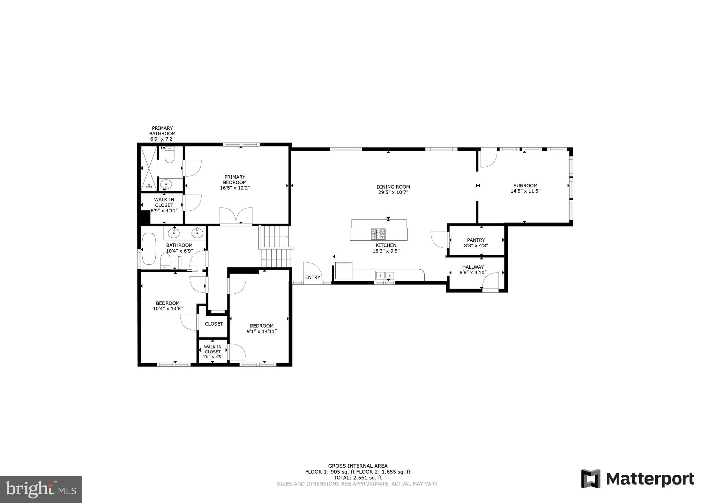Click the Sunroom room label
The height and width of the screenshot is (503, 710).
tap(525, 185)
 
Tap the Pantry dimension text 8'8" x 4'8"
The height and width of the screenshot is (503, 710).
tap(476, 246)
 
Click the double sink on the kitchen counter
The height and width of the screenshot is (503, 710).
tap(385, 275)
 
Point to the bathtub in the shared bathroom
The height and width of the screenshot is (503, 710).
tap(149, 249)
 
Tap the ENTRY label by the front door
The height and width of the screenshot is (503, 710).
tap(313, 277)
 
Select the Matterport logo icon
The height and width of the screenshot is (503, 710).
tap(591, 479)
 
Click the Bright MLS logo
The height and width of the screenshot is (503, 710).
tap(41, 489)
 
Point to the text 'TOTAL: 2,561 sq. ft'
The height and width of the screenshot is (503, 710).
tap(358, 478)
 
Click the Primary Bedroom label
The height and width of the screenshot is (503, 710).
tap(235, 180)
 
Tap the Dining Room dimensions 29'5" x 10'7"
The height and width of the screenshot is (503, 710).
tap(393, 192)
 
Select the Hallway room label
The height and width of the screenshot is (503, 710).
tap(473, 267)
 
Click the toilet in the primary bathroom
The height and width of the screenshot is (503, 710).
tap(170, 156)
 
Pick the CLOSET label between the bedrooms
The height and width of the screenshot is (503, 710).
tap(214, 324)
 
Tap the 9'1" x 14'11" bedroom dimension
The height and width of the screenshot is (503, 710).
tap(262, 331)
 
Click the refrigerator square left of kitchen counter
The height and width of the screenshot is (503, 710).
tap(343, 271)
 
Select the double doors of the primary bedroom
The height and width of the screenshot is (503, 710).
tap(236, 217)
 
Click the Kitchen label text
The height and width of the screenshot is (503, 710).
tap(386, 245)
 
